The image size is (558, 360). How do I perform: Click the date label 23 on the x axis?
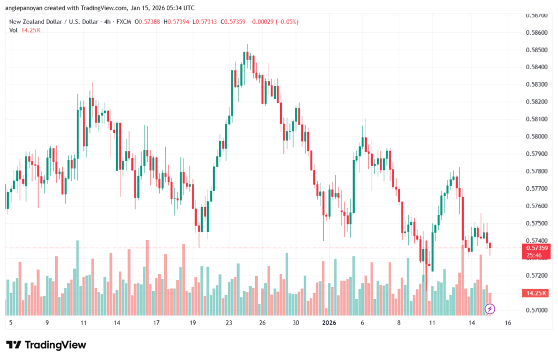(229, 323)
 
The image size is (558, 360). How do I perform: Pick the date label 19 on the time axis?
(192, 323)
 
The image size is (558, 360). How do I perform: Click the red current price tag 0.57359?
(535, 248)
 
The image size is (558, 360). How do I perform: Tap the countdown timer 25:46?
(535, 255)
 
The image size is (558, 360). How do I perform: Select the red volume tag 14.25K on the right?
(535, 293)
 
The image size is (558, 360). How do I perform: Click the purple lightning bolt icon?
(490, 309)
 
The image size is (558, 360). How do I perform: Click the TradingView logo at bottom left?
(46, 345)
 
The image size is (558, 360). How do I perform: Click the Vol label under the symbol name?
(13, 30)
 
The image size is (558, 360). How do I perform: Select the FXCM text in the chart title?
(123, 22)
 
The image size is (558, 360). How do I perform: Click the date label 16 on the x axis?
(507, 323)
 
